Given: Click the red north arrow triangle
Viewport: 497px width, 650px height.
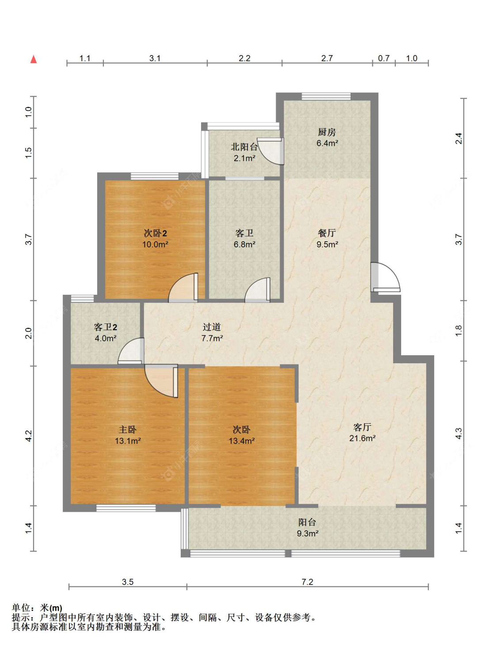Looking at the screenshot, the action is click(34, 59).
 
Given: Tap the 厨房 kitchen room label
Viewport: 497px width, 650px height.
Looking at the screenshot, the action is click(327, 132).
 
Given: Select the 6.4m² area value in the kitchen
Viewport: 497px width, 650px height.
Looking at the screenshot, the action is click(327, 143).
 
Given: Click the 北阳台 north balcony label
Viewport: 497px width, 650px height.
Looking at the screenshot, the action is click(244, 147).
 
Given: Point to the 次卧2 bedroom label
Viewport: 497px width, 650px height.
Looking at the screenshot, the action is click(155, 233).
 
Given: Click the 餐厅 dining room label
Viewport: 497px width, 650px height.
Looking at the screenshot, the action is click(327, 233).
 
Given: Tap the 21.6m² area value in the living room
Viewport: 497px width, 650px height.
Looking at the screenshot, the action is click(362, 438).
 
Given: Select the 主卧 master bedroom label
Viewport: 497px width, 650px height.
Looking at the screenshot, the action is click(128, 430).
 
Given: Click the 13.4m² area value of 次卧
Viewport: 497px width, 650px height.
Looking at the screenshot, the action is click(242, 441).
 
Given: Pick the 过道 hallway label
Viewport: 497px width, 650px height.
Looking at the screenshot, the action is click(212, 327).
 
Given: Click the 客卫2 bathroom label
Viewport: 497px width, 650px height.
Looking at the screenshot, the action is click(106, 327).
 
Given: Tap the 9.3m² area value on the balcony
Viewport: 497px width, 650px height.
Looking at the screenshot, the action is click(307, 533).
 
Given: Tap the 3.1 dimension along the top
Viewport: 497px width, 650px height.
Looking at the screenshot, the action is click(155, 58).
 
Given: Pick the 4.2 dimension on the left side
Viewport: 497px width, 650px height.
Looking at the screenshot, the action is click(28, 436).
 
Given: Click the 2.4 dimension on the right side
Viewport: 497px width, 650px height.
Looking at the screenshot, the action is click(459, 139).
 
